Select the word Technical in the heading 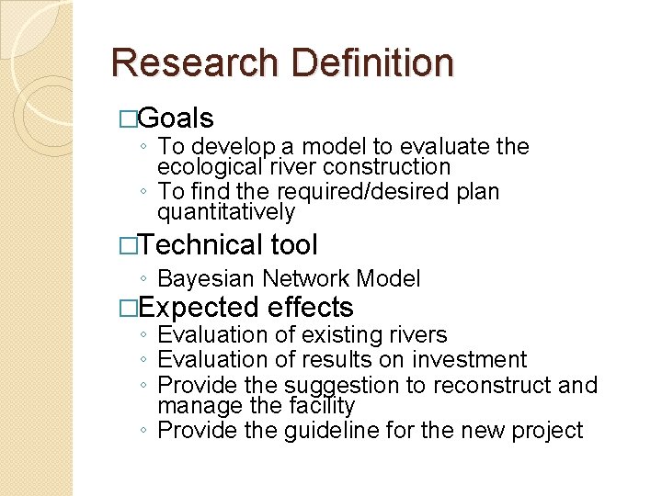pyautogui.click(x=201, y=245)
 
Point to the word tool pyautogui.click(x=294, y=245)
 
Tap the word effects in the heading pyautogui.click(x=311, y=307)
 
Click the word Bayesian pyautogui.click(x=207, y=279)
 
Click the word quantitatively pyautogui.click(x=226, y=213)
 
